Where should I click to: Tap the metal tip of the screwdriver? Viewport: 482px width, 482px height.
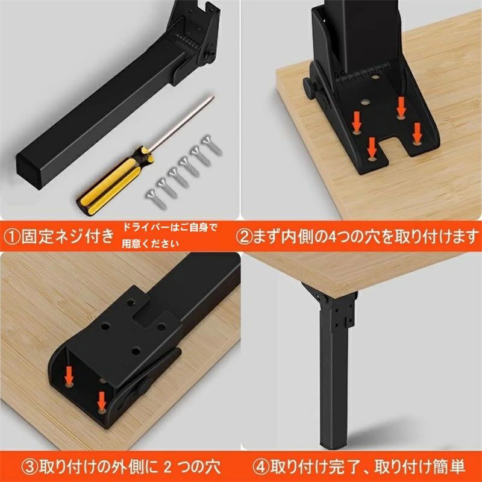coord(211,98)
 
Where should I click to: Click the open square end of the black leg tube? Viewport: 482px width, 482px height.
coord(29,170)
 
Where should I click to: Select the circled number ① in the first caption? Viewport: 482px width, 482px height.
coord(11,237)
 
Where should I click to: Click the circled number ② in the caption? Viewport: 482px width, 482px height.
coord(244,237)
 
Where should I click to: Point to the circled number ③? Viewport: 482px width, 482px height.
coord(29,466)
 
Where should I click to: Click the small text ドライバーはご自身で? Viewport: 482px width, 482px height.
coord(169,228)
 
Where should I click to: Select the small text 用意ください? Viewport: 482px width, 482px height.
coord(150,244)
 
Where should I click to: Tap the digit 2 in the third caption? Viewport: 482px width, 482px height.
coord(167,466)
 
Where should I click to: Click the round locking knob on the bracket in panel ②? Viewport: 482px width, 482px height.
coord(310,86)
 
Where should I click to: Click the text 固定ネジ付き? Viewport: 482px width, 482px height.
coord(67,237)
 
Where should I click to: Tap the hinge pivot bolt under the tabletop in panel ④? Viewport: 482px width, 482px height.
coord(323,298)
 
